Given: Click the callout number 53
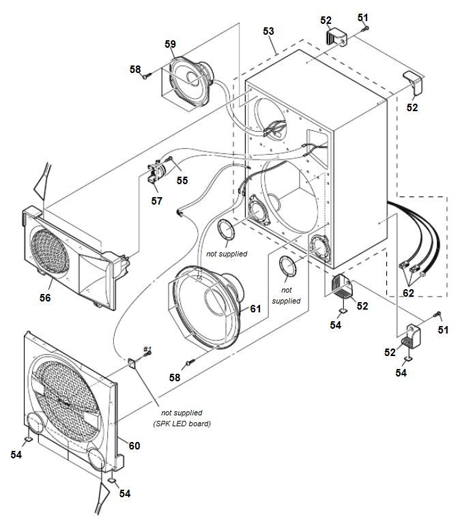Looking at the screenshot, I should coord(268,31).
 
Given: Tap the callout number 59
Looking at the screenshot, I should coord(170,44).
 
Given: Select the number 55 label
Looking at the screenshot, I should coord(182,180).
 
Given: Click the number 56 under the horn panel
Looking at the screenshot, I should coord(46,297).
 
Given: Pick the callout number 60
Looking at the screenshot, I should coord(134,445).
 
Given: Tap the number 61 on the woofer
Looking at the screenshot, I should coord(255,308).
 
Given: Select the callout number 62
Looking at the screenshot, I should coord(408,293).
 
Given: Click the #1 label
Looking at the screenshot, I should coord(147,349).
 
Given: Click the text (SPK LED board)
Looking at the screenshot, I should coord(186,424).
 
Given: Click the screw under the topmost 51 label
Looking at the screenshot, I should coord(366,28).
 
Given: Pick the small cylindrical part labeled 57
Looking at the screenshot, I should coord(156,171).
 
